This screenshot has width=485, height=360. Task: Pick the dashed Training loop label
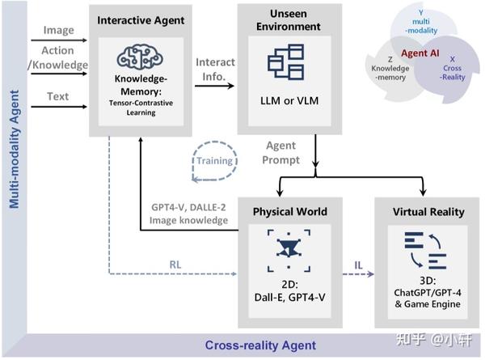pos(213,160)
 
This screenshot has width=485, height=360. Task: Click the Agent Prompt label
pos(281,153)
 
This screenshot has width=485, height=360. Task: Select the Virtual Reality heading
pos(428,212)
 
